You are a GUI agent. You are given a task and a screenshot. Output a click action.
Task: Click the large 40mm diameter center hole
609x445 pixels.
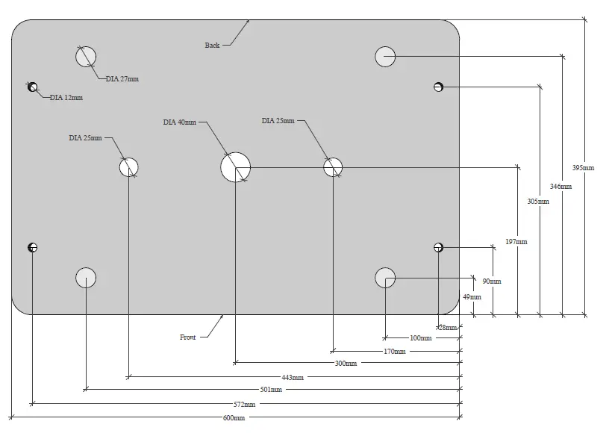[236, 167]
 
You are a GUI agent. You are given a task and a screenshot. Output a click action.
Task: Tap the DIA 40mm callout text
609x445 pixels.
[179, 122]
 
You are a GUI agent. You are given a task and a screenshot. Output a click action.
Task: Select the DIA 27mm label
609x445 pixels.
[122, 78]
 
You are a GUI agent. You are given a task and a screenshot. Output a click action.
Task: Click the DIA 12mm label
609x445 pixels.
[66, 98]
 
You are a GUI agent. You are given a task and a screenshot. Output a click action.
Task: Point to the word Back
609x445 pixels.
[213, 46]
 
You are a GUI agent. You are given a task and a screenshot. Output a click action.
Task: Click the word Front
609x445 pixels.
[188, 337]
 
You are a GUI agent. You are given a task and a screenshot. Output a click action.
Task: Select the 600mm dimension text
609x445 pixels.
[234, 417]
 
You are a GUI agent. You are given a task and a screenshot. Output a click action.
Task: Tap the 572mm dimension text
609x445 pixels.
[244, 404]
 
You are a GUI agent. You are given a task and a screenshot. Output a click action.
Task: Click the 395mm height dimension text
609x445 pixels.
[583, 168]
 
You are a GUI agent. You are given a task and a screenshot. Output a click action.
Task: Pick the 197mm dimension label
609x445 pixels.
[516, 242]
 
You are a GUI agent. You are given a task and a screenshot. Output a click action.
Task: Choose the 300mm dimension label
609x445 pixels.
[346, 364]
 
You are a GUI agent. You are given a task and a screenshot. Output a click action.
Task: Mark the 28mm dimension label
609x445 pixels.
[447, 327]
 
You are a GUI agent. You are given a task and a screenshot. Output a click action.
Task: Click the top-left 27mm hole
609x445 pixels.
[86, 56]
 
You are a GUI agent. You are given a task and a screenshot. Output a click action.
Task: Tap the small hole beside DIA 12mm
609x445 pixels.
[32, 87]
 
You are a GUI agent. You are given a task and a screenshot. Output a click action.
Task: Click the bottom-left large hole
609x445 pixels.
[86, 278]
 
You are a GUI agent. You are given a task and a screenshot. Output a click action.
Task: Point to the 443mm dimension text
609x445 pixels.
[293, 377]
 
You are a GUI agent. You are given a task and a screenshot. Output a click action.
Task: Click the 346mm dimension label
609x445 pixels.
[560, 186]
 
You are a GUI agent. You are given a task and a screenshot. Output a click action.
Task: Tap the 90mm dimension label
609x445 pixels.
[491, 281]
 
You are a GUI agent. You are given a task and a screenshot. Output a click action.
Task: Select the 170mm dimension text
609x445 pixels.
[395, 351]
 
